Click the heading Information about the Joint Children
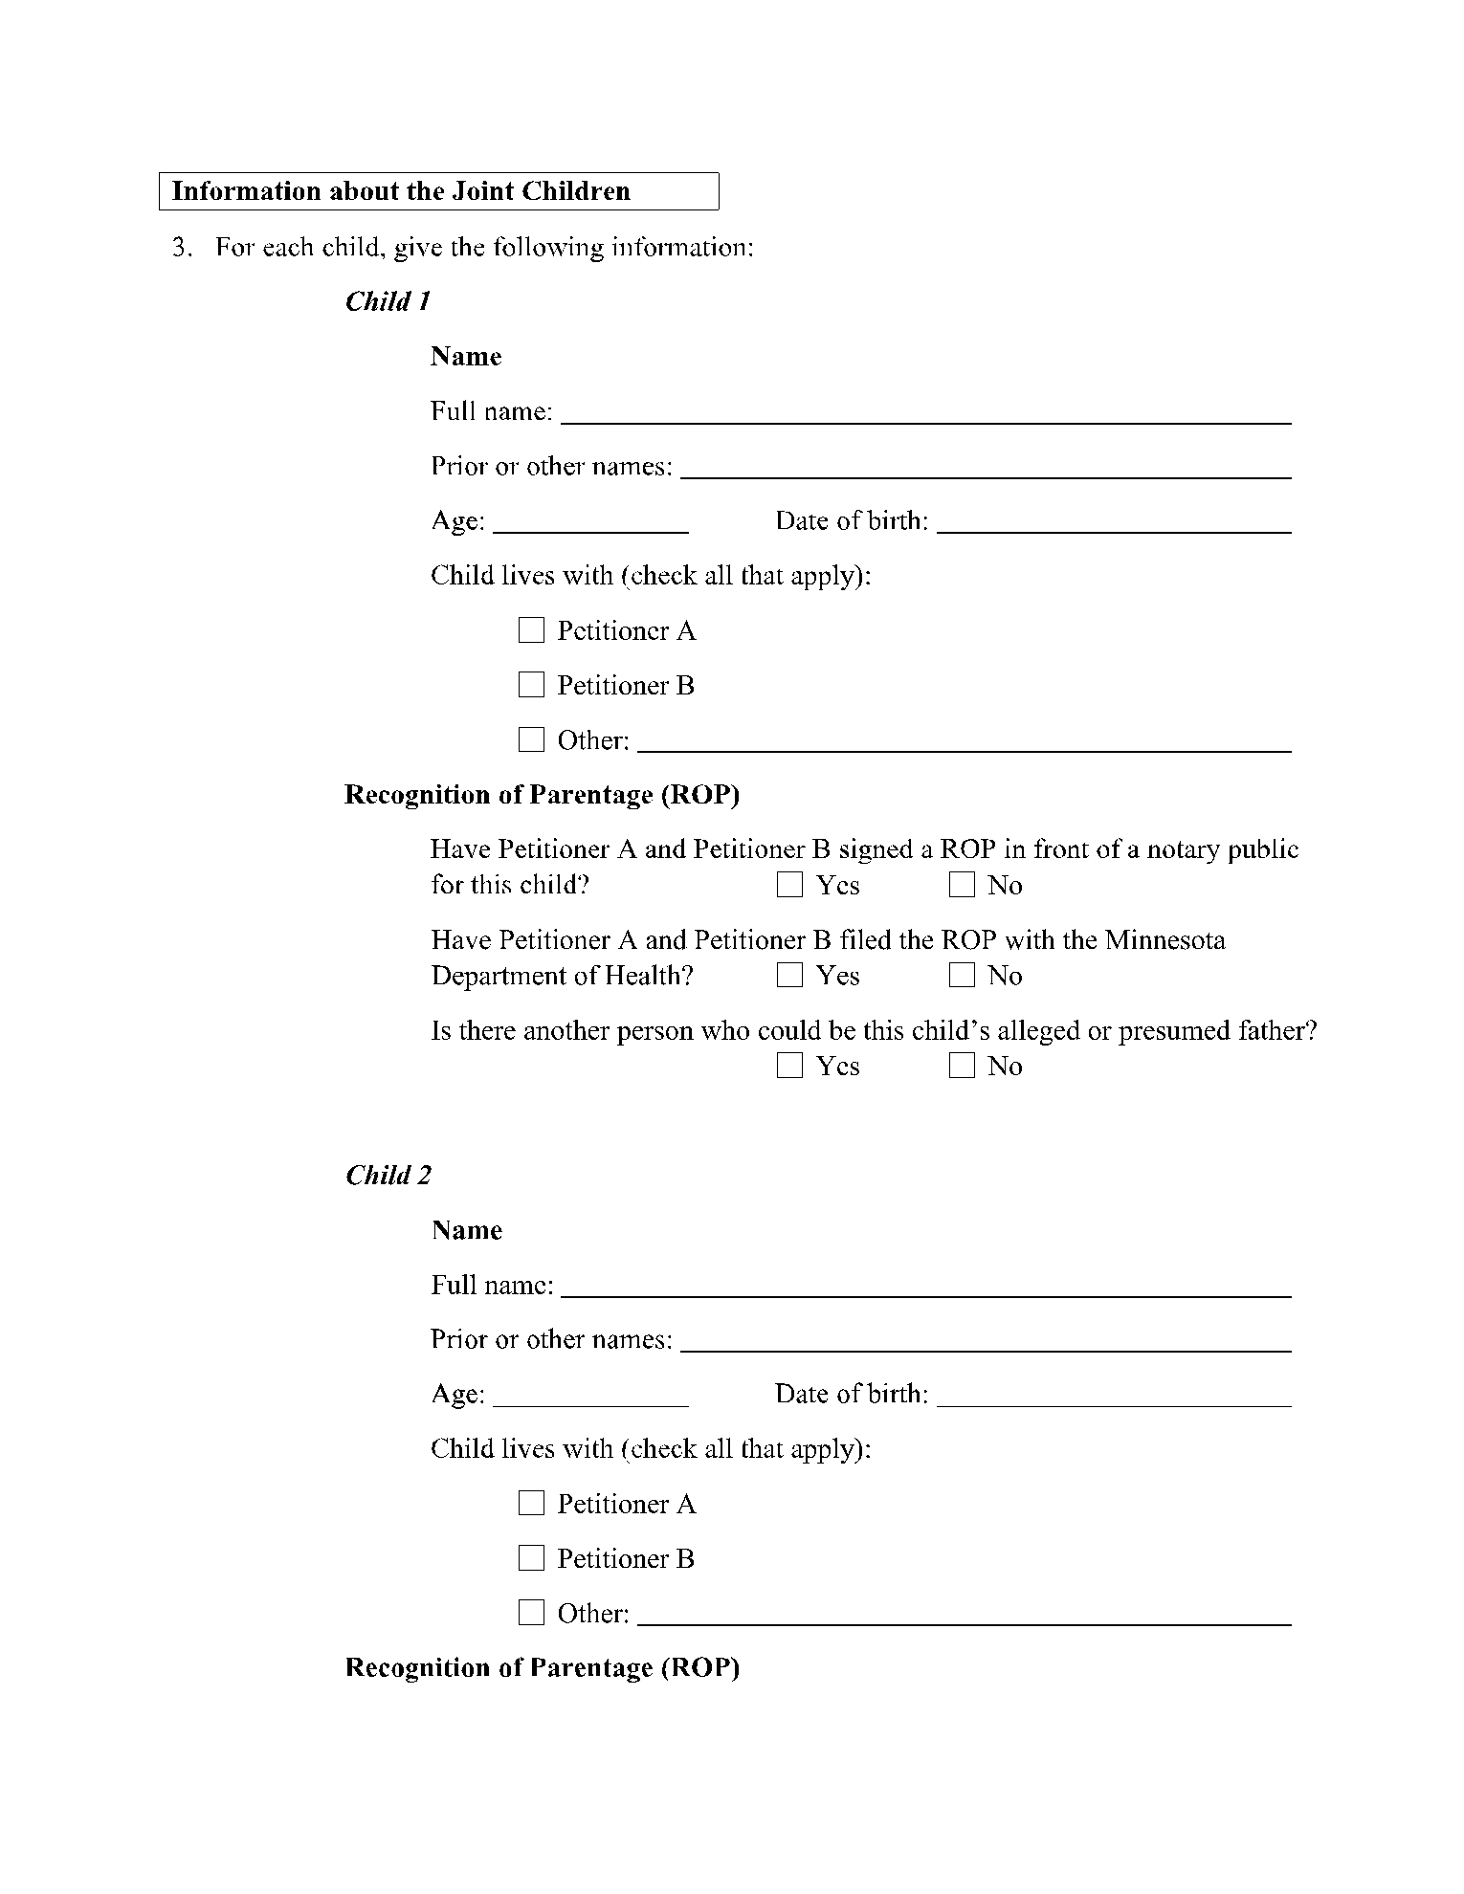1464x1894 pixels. [401, 191]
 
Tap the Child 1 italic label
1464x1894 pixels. [388, 301]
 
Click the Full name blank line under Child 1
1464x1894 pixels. [925, 413]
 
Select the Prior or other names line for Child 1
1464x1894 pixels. [986, 468]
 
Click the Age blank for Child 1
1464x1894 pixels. [590, 522]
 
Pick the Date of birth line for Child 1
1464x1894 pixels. [1114, 522]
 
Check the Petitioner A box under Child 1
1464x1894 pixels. [531, 630]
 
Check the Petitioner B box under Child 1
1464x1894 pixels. [531, 685]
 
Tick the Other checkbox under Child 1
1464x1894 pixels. [531, 739]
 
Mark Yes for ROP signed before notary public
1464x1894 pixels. [789, 885]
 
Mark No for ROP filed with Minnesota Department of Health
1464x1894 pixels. [962, 976]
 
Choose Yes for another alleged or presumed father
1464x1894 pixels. [789, 1066]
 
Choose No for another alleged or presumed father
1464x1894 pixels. [962, 1066]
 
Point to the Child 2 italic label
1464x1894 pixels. [388, 1175]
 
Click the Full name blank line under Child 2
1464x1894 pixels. [925, 1287]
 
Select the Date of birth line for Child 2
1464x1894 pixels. [1114, 1396]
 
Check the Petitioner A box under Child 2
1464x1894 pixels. [531, 1504]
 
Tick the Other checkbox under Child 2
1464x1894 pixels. [531, 1613]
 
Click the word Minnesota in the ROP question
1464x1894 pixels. [1165, 940]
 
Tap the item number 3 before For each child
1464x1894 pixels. [181, 248]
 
